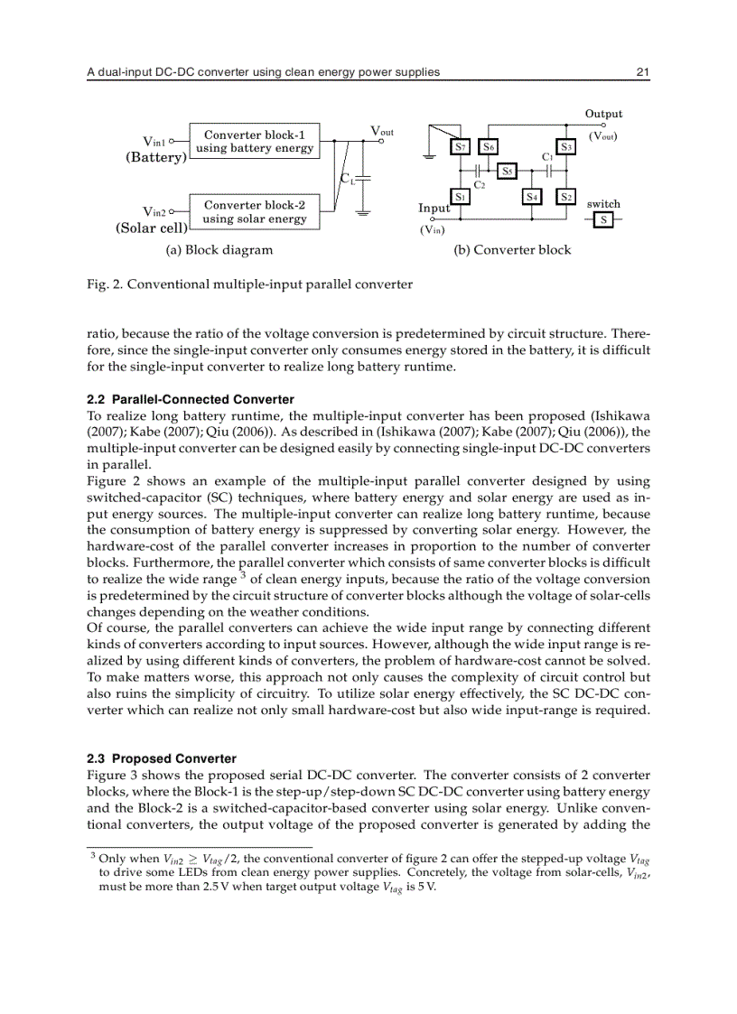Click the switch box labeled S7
click(460, 146)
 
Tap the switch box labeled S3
click(566, 146)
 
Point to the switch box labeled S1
click(460, 195)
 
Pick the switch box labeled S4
click(533, 195)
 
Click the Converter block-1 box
click(254, 142)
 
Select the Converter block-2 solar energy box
click(254, 211)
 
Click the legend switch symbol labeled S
click(603, 219)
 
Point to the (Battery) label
click(155, 156)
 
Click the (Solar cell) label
click(151, 228)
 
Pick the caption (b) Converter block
click(512, 249)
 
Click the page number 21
click(643, 72)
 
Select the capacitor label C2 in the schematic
click(480, 184)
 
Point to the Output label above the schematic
click(603, 114)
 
